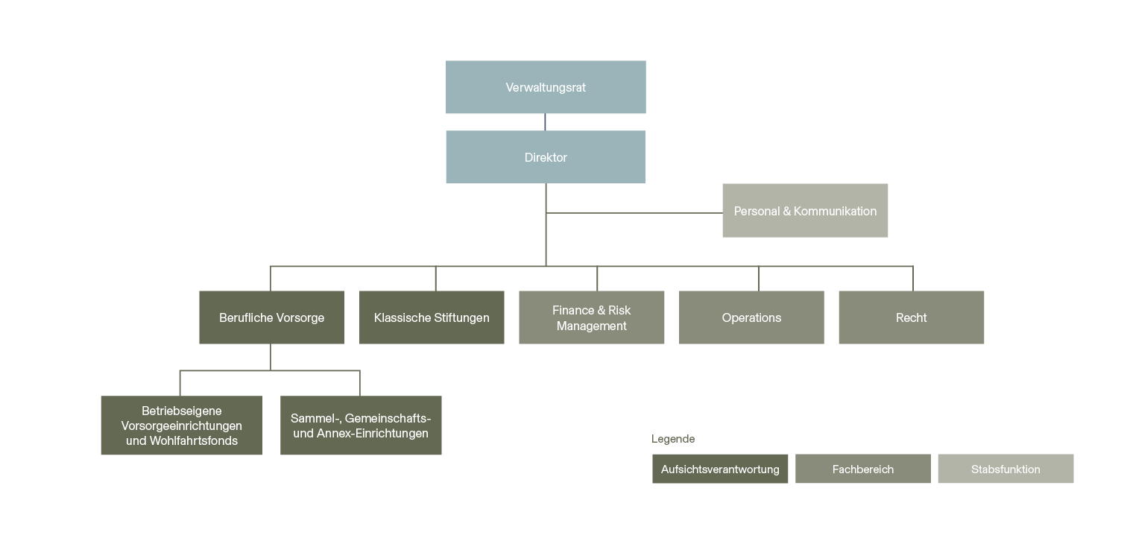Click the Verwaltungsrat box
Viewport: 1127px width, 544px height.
[x=546, y=87]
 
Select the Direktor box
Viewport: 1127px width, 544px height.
[x=546, y=157]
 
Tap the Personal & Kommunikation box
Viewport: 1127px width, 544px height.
[x=805, y=211]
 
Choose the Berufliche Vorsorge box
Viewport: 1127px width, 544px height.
[x=271, y=317]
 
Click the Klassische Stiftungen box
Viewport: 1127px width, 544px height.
[x=432, y=317]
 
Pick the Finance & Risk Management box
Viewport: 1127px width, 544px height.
[x=591, y=317]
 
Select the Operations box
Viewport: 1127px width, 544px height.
[x=751, y=317]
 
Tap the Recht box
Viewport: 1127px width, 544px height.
[x=911, y=317]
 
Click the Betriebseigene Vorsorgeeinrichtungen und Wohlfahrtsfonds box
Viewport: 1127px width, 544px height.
[x=181, y=426]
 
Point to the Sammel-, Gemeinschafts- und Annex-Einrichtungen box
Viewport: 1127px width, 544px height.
[x=361, y=426]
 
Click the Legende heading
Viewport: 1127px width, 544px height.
[x=673, y=439]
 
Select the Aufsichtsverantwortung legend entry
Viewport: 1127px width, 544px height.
[x=720, y=469]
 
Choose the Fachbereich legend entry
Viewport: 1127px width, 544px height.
[x=862, y=469]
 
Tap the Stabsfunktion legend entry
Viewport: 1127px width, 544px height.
[x=1006, y=469]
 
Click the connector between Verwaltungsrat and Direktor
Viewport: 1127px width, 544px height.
[x=545, y=122]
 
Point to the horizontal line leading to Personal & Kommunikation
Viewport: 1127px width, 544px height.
[x=634, y=213]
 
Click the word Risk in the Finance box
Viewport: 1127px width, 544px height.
[x=619, y=310]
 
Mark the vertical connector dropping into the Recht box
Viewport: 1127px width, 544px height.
[x=913, y=278]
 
